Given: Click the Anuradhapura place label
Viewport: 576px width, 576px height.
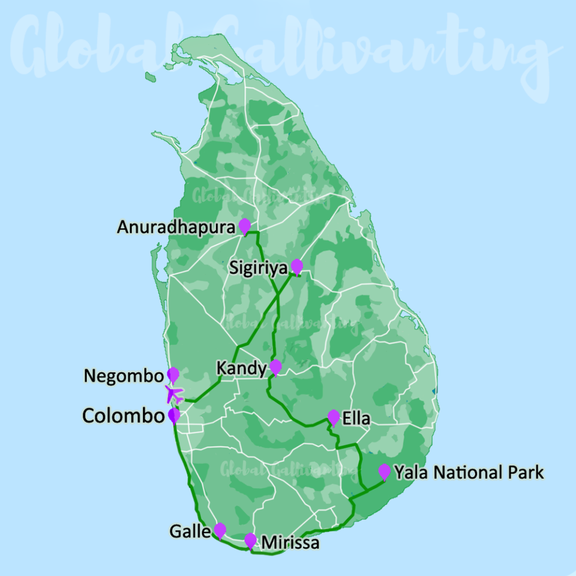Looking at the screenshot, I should pyautogui.click(x=176, y=228).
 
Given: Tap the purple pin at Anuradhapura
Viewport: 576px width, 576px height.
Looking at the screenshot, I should pyautogui.click(x=244, y=225).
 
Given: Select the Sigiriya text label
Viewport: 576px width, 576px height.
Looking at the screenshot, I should pyautogui.click(x=259, y=267).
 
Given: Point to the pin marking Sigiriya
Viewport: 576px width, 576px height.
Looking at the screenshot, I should pyautogui.click(x=296, y=266).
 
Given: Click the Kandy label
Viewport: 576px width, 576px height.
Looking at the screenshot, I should pyautogui.click(x=242, y=369).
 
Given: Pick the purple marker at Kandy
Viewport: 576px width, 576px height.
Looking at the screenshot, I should pyautogui.click(x=275, y=366).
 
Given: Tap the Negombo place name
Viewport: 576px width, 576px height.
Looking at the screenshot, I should pyautogui.click(x=124, y=376).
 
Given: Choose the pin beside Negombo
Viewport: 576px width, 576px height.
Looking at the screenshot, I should pyautogui.click(x=173, y=375).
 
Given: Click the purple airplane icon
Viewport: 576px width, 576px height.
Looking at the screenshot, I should pyautogui.click(x=174, y=394).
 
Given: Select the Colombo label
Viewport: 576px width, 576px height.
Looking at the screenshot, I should pyautogui.click(x=123, y=416).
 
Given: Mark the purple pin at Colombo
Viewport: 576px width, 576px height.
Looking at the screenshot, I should pyautogui.click(x=174, y=415).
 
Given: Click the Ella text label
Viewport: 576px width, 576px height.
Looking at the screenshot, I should pyautogui.click(x=356, y=418).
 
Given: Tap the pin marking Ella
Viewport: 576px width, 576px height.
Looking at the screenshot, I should pyautogui.click(x=334, y=417).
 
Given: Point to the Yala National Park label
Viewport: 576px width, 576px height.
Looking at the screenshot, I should pyautogui.click(x=469, y=473).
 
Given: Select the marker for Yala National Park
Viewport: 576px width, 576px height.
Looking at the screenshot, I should pyautogui.click(x=385, y=471).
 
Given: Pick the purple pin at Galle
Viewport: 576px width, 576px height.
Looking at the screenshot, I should pyautogui.click(x=220, y=530).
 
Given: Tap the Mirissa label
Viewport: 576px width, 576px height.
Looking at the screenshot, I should pyautogui.click(x=290, y=543).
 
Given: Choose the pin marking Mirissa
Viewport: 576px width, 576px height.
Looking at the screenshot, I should pyautogui.click(x=250, y=540).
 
